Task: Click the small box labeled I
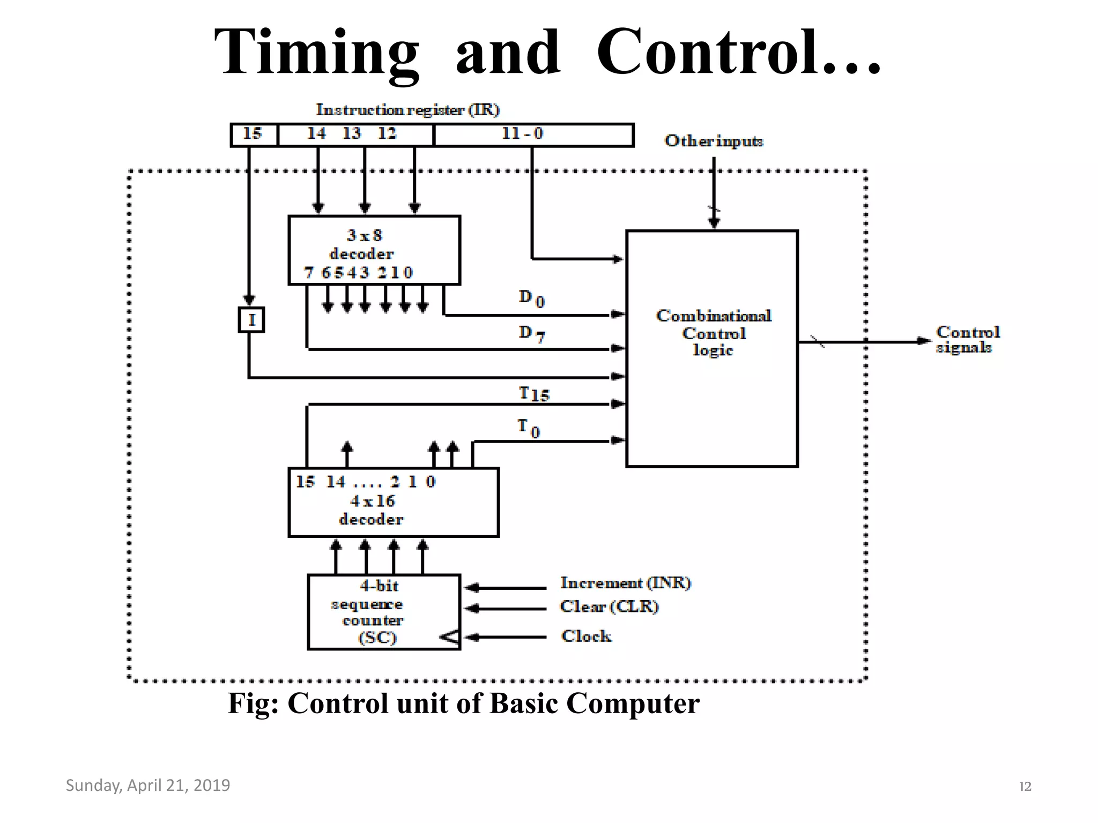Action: (251, 320)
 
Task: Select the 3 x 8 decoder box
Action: (374, 250)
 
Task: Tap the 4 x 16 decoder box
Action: (393, 503)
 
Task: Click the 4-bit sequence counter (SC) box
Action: (383, 612)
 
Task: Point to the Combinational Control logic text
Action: (714, 333)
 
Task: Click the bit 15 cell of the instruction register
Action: (253, 134)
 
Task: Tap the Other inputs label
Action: (714, 141)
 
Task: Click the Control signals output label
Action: (967, 340)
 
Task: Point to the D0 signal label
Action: (531, 298)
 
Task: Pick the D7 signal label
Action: (531, 333)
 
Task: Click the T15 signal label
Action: (534, 394)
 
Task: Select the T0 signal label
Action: (529, 428)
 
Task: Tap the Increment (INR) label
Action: (625, 583)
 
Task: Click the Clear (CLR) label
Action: (609, 607)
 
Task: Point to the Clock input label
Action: (586, 636)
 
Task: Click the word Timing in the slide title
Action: (316, 52)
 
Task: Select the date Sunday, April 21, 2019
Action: (147, 785)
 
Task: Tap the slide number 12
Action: (1025, 787)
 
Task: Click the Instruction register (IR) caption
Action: (407, 110)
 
